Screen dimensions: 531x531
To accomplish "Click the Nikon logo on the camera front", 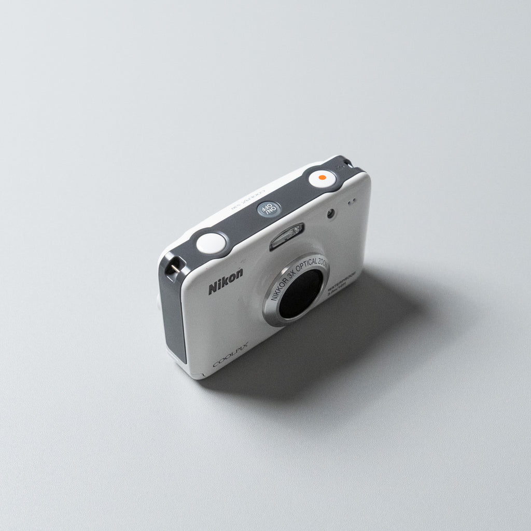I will point(225,281).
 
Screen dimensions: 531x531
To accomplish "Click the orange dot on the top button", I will point(322,178).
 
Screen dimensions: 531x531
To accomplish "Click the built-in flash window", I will point(286,236).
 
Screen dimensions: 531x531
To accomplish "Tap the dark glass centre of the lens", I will point(300,294).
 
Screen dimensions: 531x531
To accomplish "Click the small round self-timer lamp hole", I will point(331,213).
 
